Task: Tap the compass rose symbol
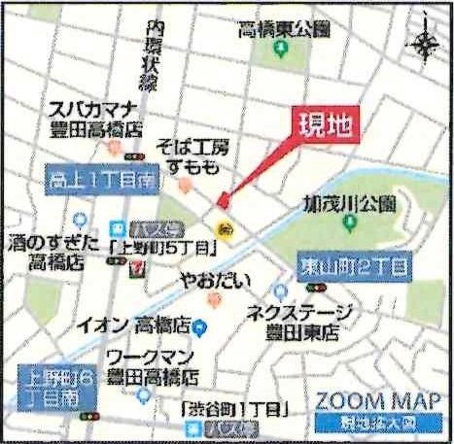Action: click(x=425, y=44)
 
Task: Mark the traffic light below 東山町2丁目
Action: click(x=316, y=288)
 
